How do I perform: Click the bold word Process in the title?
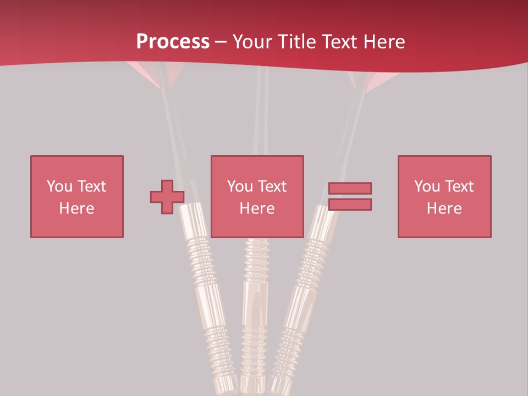pos(173,42)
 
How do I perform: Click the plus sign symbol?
pos(167,197)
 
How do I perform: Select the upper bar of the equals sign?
pos(350,188)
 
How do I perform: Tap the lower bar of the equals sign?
pos(350,205)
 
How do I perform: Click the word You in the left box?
pos(59,186)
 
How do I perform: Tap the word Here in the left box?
pos(76,208)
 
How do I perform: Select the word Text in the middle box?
pos(272,186)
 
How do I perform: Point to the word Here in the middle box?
pos(257,208)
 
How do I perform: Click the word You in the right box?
pos(427,186)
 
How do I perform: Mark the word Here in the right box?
pos(444,208)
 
